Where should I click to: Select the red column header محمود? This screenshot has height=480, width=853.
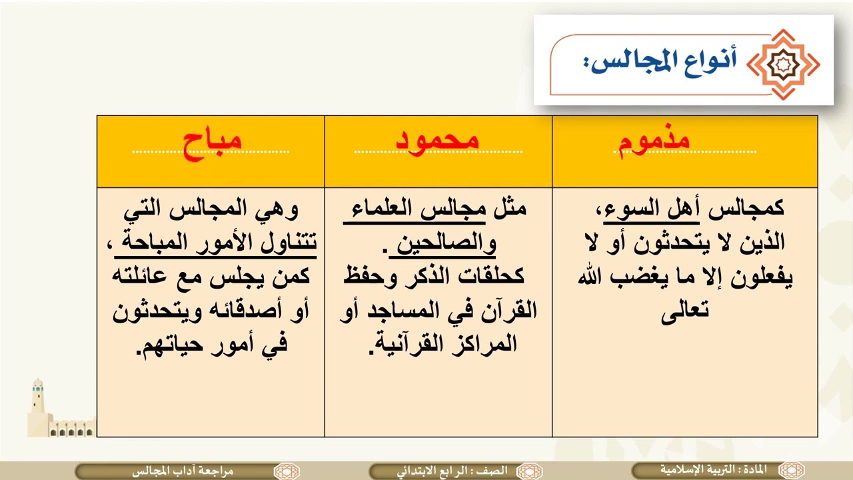tap(437, 141)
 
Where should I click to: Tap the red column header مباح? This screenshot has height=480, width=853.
tap(212, 145)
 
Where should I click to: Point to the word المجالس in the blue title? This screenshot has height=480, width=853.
tap(632, 62)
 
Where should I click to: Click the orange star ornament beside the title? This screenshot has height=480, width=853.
tap(783, 65)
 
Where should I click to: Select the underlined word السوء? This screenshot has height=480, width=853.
tap(626, 209)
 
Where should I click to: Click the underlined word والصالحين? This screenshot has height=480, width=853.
tap(446, 245)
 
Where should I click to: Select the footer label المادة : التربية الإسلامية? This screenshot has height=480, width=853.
tap(713, 470)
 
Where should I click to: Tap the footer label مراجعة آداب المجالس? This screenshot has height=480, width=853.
tap(183, 471)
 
